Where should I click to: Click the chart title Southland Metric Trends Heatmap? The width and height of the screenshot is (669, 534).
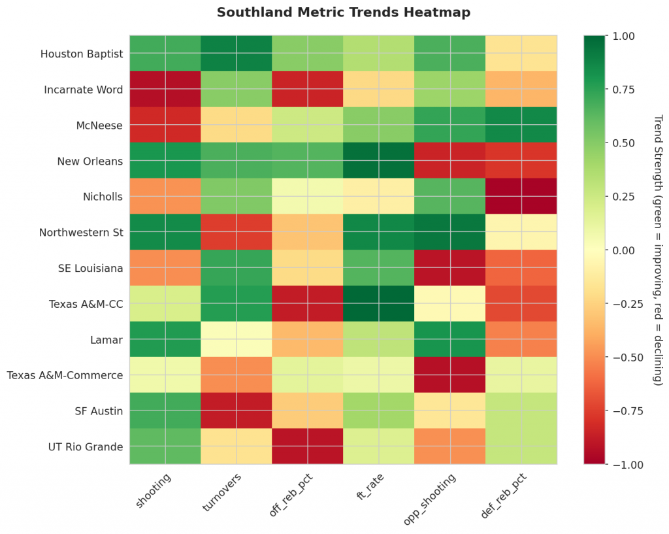click(x=343, y=12)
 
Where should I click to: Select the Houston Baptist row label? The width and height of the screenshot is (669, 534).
click(x=81, y=54)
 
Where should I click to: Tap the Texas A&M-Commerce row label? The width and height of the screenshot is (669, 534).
click(x=65, y=375)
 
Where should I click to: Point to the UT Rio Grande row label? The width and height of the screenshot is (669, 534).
click(x=85, y=447)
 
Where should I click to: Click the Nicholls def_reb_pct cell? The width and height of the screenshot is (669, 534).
click(x=521, y=197)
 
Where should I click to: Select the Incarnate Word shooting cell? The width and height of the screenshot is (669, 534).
click(x=165, y=90)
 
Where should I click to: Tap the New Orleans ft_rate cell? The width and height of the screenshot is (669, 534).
click(x=379, y=161)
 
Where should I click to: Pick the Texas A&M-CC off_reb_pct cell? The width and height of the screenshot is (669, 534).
click(x=308, y=304)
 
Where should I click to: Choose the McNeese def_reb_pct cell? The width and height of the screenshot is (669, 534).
click(x=521, y=125)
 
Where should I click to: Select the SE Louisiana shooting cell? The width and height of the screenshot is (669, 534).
click(x=165, y=268)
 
